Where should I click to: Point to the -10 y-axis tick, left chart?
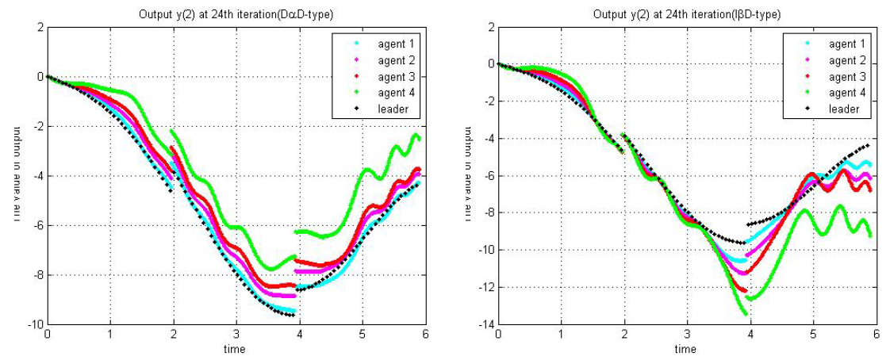coord(34,325)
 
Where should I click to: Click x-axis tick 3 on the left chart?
coord(236,336)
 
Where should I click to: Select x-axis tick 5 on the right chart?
coord(812,336)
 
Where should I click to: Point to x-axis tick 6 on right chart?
coord(875,336)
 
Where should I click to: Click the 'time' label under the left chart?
coord(234,349)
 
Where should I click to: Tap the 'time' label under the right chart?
coord(685,349)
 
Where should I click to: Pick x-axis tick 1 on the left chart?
coord(110,336)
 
